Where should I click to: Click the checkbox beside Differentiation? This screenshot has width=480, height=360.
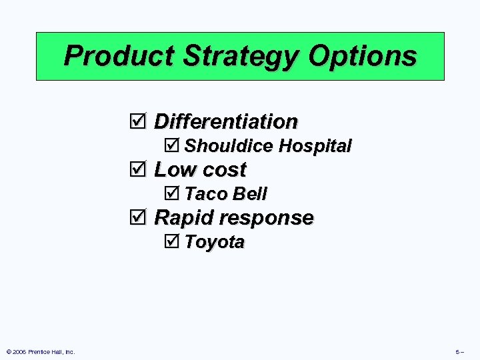click(x=137, y=121)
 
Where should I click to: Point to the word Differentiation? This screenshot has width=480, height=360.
click(x=225, y=121)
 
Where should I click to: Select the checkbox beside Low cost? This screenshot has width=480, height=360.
click(x=137, y=169)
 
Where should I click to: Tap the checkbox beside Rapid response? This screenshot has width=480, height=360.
click(x=137, y=217)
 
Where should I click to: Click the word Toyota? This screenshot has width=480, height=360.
click(x=215, y=241)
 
